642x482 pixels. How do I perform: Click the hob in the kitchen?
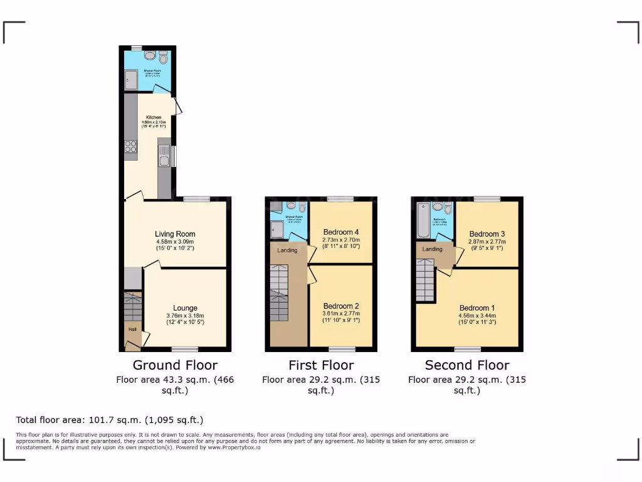(131, 146)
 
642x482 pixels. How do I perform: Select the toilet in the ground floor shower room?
(164, 59)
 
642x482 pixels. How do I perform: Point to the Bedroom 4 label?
(340, 232)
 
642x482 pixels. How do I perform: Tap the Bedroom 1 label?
(477, 308)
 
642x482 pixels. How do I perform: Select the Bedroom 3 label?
(487, 234)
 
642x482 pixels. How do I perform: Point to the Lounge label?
(185, 308)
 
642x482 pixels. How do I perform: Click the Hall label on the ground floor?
(132, 329)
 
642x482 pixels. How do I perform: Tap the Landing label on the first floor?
(287, 250)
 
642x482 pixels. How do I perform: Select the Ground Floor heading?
(175, 365)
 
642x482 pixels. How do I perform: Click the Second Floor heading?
(467, 365)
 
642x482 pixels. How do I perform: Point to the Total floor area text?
(110, 420)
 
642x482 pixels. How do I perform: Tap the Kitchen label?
(154, 117)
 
